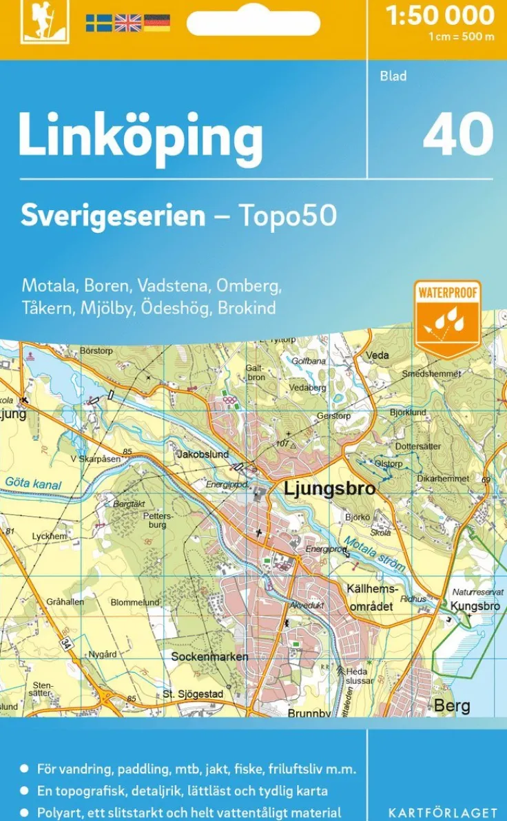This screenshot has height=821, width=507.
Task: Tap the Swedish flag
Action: click(99, 23)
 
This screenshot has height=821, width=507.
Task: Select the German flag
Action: click(157, 23)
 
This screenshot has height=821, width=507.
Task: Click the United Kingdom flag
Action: click(127, 23)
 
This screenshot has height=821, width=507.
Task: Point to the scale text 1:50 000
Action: click(441, 15)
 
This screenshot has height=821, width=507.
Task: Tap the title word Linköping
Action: click(141, 136)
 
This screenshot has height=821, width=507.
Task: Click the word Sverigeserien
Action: click(113, 216)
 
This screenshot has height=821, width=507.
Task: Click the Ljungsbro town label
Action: click(330, 490)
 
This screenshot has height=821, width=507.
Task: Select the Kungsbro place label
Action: click(475, 606)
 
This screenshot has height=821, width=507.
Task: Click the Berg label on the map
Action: click(452, 705)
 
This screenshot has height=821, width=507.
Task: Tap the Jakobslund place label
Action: click(203, 455)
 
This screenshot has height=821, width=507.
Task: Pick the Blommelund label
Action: click(135, 603)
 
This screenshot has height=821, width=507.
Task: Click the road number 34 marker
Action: click(66, 642)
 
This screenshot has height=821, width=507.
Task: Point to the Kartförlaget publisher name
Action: click(442, 813)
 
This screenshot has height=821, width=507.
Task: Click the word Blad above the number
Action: click(393, 76)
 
